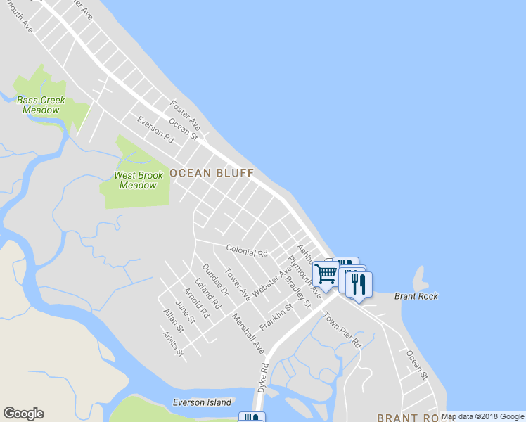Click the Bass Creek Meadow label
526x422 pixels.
40,105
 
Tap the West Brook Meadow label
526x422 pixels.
138,180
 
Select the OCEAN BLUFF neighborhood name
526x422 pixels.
211,173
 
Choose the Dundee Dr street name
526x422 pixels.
215,279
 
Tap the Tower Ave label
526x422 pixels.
237,282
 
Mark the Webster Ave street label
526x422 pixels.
271,282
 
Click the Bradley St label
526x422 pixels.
297,291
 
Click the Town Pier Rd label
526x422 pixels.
342,330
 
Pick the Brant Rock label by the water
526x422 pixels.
416,296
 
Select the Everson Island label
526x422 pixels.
202,402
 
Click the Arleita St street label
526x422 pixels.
173,343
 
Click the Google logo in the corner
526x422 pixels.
23,414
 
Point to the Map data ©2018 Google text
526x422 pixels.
483,416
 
